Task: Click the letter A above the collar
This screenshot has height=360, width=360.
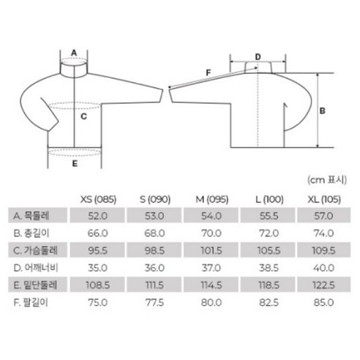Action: click(x=74, y=53)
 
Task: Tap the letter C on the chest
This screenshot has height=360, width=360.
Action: click(x=83, y=116)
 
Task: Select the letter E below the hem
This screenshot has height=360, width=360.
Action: click(x=75, y=163)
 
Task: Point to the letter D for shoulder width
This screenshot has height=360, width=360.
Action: click(x=258, y=57)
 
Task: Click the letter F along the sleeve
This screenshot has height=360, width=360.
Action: click(x=208, y=72)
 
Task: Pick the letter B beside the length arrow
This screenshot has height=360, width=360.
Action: click(x=323, y=110)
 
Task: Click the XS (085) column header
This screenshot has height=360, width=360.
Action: click(x=98, y=200)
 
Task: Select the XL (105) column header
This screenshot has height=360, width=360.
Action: click(x=324, y=200)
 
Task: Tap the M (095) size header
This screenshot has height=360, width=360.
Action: click(x=212, y=200)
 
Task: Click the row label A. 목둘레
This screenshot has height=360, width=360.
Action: click(x=31, y=216)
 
